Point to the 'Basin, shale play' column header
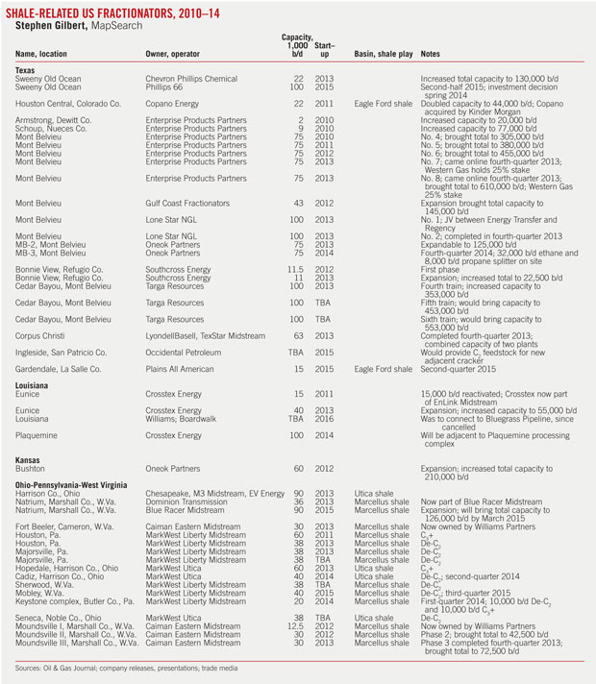(384, 54)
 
